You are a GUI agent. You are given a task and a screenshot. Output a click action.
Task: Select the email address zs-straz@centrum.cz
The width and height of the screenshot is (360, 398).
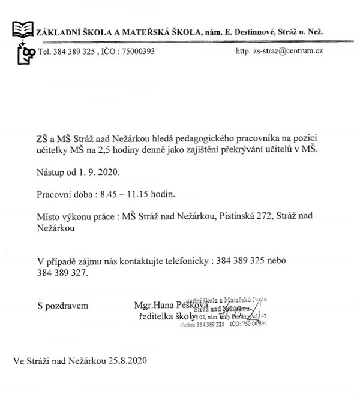tap(289, 52)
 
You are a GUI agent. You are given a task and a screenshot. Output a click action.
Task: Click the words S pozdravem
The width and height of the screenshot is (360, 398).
tap(62, 305)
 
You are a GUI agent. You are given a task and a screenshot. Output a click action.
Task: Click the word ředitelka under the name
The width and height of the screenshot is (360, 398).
tap(157, 316)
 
